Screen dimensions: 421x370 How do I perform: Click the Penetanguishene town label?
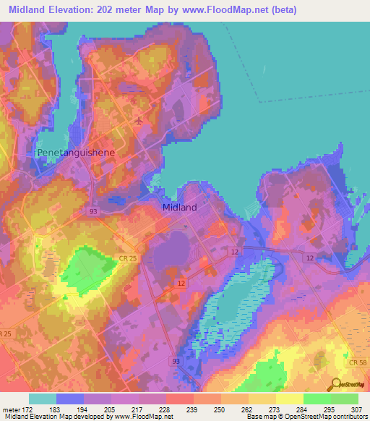pyautogui.click(x=71, y=153)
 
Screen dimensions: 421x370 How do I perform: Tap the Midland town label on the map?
pyautogui.click(x=177, y=207)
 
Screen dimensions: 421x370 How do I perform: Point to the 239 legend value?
pyautogui.click(x=171, y=409)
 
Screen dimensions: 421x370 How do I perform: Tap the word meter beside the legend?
pyautogui.click(x=13, y=409)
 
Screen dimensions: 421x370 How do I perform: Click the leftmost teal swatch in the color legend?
pyautogui.click(x=43, y=399)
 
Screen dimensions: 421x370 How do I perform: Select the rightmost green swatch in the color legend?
pyautogui.click(x=345, y=399)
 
